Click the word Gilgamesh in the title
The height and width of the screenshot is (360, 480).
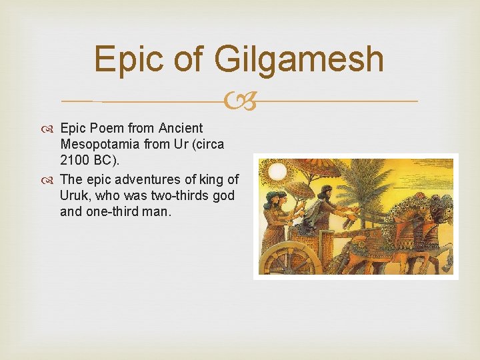(x=299, y=59)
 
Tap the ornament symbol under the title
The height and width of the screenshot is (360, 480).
(x=240, y=102)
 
